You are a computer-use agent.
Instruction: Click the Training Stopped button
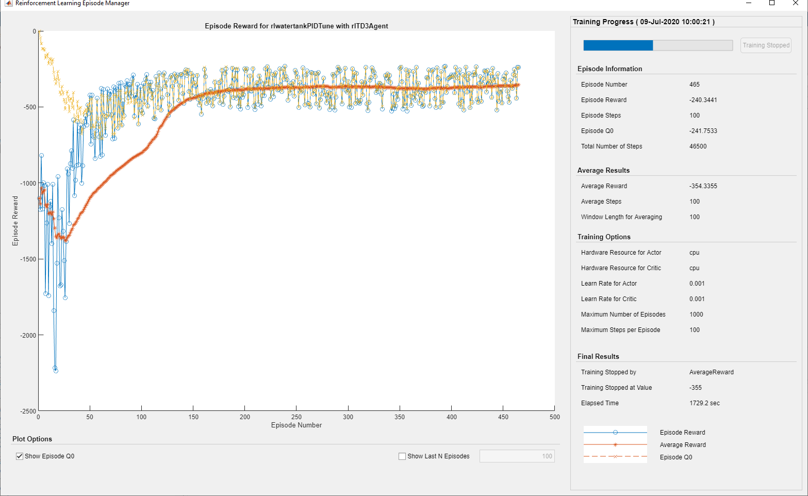pos(766,45)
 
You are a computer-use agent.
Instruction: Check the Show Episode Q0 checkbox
pos(20,456)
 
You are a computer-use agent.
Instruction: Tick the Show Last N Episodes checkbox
pos(402,456)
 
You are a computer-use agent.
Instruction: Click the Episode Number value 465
pos(695,85)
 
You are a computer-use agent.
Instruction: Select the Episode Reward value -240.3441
pos(703,100)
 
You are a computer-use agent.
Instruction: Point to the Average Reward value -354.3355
pos(703,186)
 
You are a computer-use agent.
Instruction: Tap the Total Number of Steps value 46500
pos(698,146)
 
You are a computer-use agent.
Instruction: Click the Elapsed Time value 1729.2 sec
pos(704,403)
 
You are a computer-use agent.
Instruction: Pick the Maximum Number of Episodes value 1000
pos(696,315)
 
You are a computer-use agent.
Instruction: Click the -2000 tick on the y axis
pos(28,336)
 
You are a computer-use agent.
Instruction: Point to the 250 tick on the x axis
pos(296,417)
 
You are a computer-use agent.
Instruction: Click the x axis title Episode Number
pos(296,425)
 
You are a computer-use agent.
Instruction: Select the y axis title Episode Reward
pos(15,221)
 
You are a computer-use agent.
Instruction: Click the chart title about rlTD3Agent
pos(296,26)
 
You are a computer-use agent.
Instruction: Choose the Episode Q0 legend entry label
pos(676,457)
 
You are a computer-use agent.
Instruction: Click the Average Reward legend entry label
pos(683,445)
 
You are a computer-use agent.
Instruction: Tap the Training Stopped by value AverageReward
pos(711,372)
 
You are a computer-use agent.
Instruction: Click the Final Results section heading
pos(598,357)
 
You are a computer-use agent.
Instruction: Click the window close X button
pos(796,3)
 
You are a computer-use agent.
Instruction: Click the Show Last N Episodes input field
pos(517,456)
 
